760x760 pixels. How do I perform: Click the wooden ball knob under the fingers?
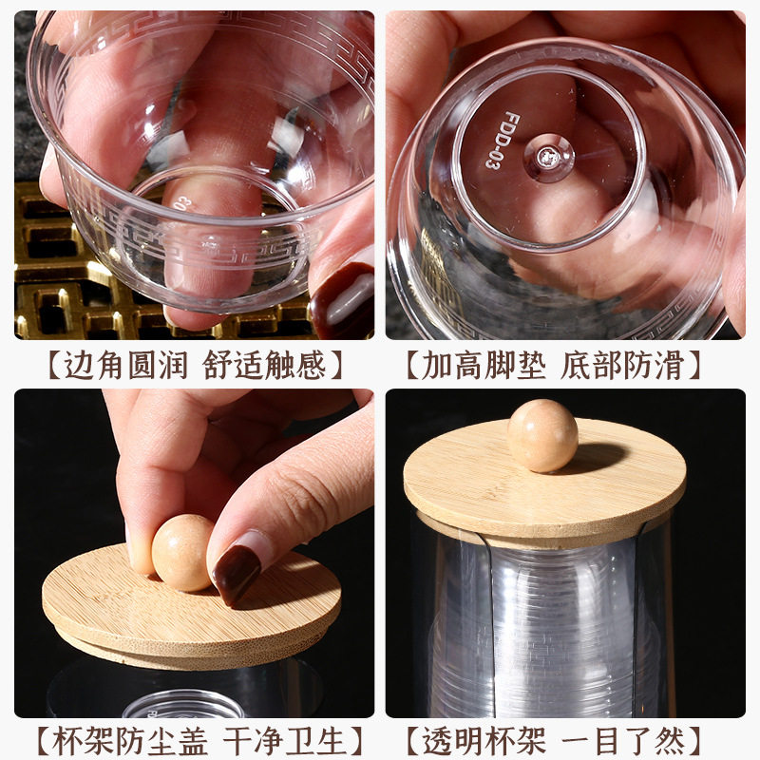pyautogui.click(x=182, y=553)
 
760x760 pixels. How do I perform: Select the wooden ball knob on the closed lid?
pyautogui.click(x=542, y=436)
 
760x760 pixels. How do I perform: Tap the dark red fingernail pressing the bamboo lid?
pyautogui.click(x=237, y=573)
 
